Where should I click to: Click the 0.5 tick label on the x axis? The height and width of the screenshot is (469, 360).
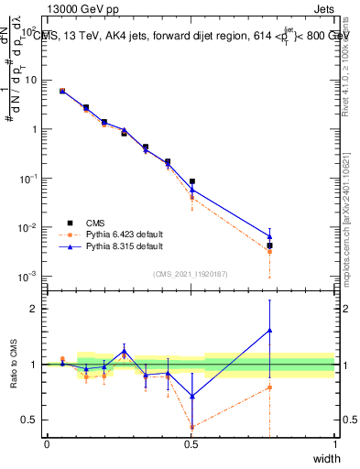click(191, 444)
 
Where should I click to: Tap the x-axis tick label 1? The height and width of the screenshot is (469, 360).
click(334, 444)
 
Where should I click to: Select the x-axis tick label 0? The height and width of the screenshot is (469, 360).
click(47, 444)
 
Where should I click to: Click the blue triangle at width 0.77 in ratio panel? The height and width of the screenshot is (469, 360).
click(269, 330)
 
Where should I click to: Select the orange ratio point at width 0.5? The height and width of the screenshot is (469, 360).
click(191, 427)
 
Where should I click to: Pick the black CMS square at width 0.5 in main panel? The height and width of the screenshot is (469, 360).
click(191, 181)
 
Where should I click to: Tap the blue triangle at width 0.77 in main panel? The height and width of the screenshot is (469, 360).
click(269, 235)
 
